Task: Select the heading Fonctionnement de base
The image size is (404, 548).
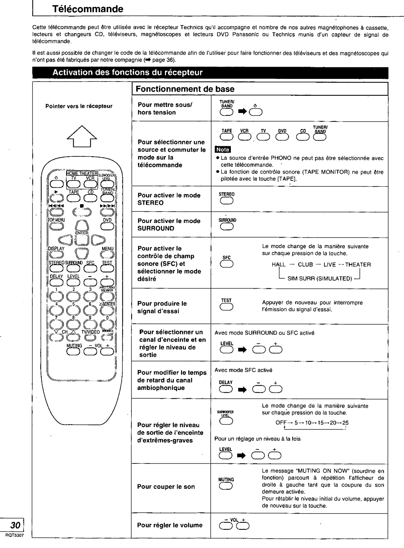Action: pos(185,89)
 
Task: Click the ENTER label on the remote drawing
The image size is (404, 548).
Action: pos(81,233)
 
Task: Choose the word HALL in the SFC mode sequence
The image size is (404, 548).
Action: pos(278,264)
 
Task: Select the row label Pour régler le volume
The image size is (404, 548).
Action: pos(170,525)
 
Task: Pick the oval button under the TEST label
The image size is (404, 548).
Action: pos(227,308)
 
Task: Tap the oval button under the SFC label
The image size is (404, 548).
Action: pos(227,264)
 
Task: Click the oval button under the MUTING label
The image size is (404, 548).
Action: pos(227,486)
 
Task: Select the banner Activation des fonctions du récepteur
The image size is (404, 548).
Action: pos(127,72)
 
